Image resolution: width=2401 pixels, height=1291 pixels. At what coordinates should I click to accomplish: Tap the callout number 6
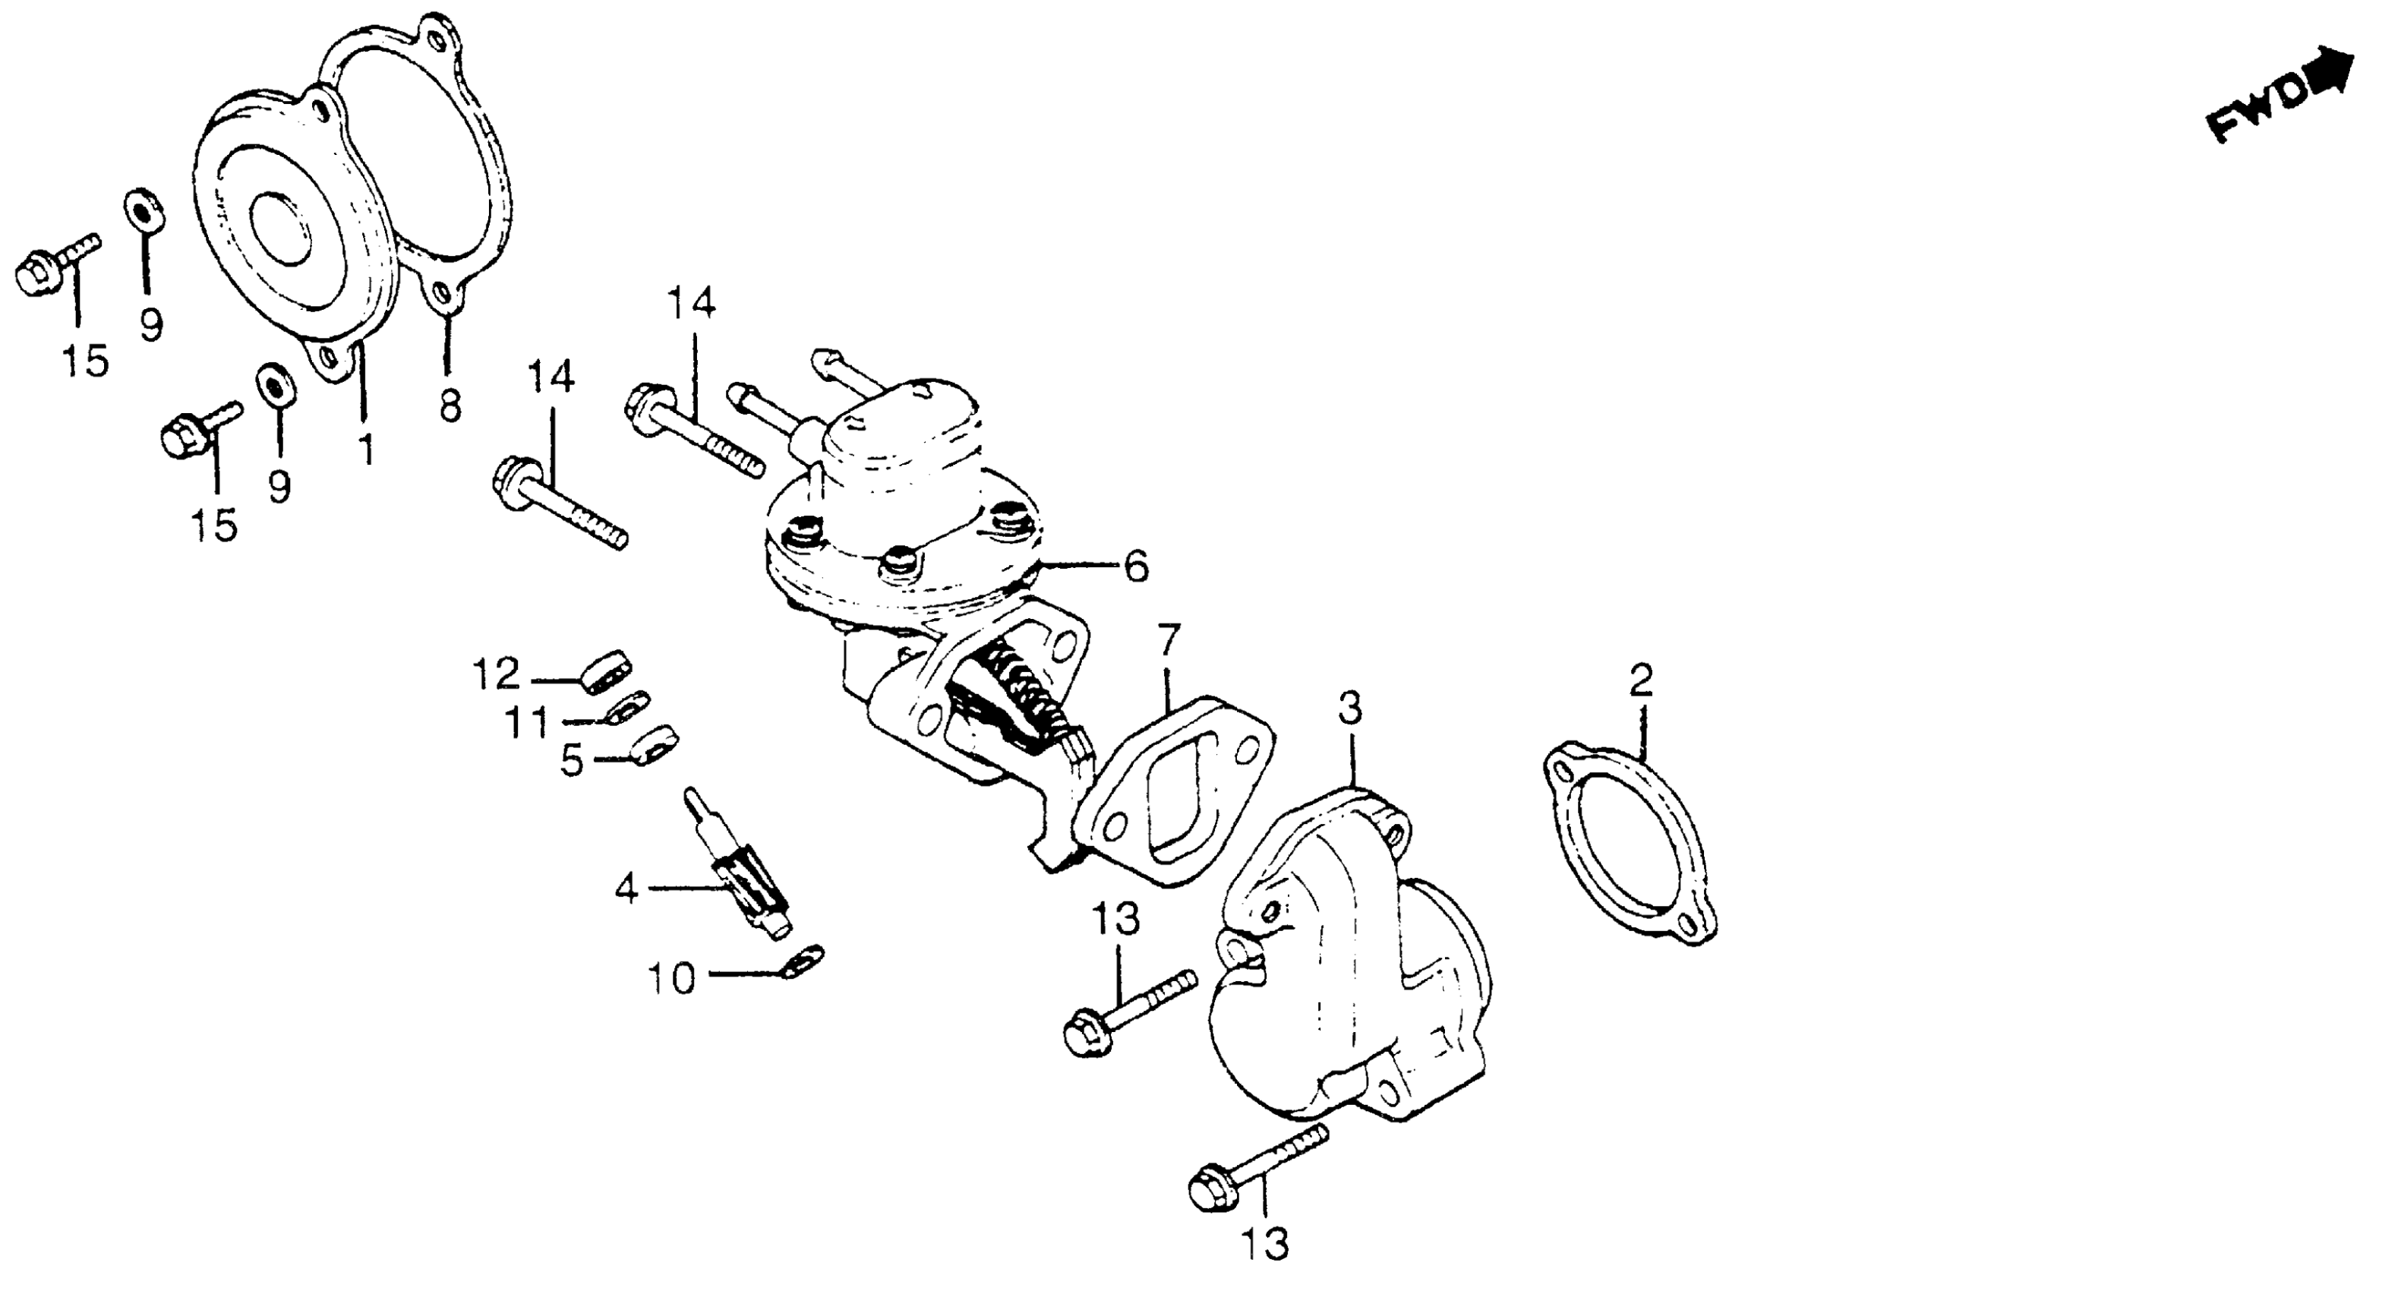[x=1136, y=566]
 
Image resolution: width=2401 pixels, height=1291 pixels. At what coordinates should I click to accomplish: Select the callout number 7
[x=1169, y=641]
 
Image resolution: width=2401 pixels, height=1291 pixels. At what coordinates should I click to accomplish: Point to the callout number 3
[x=1349, y=709]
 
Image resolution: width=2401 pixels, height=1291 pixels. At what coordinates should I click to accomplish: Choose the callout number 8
[x=450, y=405]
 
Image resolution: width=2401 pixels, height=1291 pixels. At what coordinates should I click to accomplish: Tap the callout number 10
[x=672, y=979]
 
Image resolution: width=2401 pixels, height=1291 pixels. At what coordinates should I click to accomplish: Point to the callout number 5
[x=573, y=761]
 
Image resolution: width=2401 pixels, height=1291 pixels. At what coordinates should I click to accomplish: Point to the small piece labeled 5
[x=652, y=743]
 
